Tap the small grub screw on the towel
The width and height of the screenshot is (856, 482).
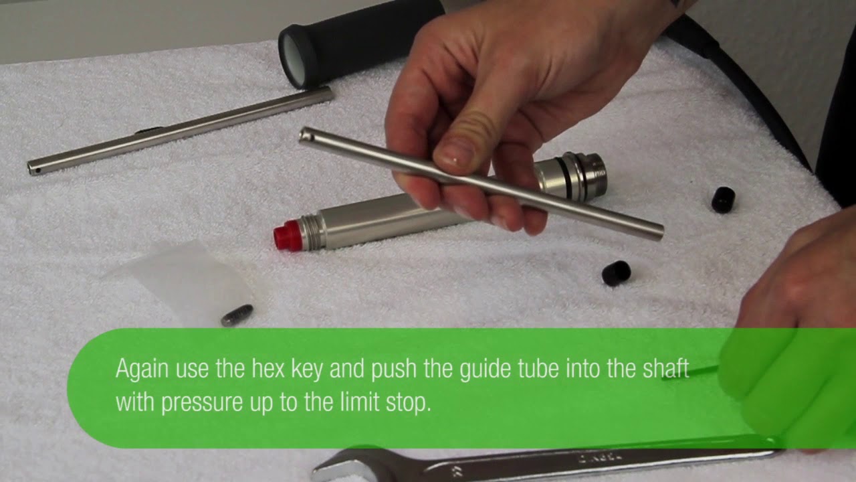point(237,315)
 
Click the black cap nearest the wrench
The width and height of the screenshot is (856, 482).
point(616,273)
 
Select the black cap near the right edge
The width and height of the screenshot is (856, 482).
point(723,200)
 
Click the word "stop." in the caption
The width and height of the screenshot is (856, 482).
point(409,404)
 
